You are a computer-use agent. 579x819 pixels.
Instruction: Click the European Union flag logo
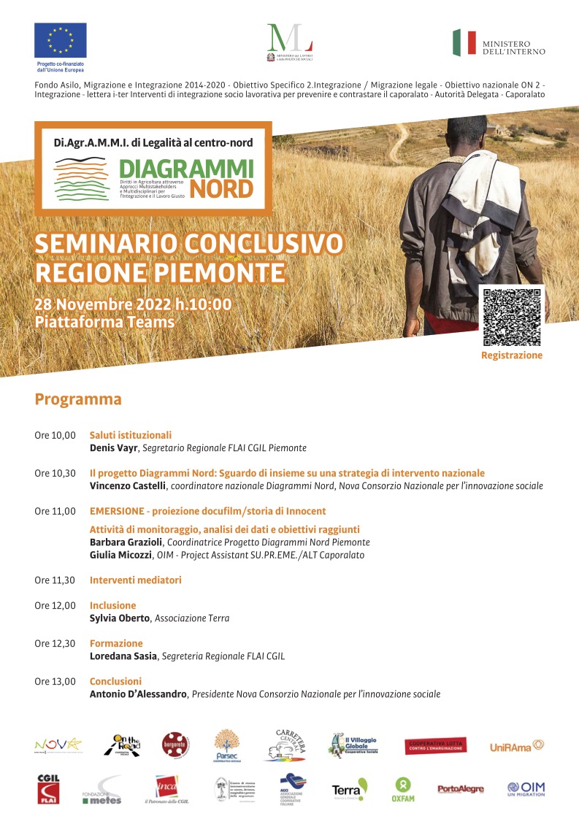(x=60, y=40)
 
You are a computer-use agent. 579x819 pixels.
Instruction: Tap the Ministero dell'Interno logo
(x=498, y=43)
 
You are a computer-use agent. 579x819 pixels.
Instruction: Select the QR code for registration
(x=512, y=317)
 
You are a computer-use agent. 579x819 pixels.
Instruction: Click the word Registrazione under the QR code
(x=512, y=355)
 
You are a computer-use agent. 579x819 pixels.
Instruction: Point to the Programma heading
(x=78, y=400)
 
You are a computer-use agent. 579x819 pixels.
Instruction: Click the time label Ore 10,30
(x=55, y=473)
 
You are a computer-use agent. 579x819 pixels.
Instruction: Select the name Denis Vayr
(x=113, y=447)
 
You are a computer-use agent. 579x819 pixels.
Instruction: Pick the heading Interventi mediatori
(x=135, y=580)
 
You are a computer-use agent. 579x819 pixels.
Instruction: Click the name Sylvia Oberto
(x=120, y=618)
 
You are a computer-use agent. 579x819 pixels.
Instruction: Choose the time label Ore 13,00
(x=55, y=682)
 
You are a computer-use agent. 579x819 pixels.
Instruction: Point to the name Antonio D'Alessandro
(x=139, y=694)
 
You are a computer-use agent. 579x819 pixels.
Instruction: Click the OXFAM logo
(x=402, y=789)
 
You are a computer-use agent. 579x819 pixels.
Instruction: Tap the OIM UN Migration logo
(x=526, y=789)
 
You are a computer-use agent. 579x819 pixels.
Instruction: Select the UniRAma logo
(x=517, y=746)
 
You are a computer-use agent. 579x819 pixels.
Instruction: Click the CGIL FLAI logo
(x=48, y=789)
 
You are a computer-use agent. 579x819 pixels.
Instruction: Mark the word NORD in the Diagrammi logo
(x=221, y=189)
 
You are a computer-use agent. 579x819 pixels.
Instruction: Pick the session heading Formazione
(x=116, y=644)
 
